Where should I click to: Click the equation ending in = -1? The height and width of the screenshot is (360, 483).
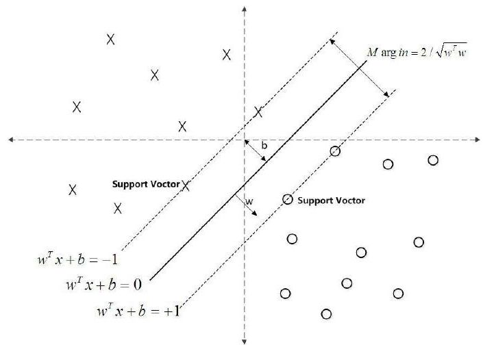click(x=77, y=259)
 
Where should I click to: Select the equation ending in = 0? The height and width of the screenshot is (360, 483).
click(x=104, y=284)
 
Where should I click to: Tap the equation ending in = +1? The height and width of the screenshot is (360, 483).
click(x=138, y=311)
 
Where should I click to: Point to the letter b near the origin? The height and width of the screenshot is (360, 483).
click(x=264, y=145)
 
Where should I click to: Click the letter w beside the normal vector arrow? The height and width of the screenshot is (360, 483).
click(x=249, y=201)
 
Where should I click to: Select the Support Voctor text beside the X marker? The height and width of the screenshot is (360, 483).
click(x=146, y=184)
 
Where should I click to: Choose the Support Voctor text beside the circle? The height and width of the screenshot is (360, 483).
click(x=331, y=201)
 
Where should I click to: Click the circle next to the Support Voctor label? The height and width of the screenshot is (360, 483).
click(x=287, y=199)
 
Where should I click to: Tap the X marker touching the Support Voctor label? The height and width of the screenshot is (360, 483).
click(x=186, y=185)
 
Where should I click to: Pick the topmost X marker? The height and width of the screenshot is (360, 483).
click(x=110, y=40)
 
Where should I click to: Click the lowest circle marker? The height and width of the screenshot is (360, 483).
click(x=326, y=314)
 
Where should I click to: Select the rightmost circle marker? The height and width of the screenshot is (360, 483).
click(x=433, y=160)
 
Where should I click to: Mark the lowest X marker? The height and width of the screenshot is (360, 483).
click(x=118, y=208)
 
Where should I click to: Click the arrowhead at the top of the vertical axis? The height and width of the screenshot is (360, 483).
click(x=245, y=9)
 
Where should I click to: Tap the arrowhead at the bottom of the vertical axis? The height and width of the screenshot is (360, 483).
click(x=245, y=342)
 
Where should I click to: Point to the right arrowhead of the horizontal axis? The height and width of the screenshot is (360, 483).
click(x=477, y=140)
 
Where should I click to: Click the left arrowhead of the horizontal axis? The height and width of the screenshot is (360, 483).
click(x=11, y=140)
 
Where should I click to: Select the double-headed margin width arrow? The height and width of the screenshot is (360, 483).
click(x=359, y=68)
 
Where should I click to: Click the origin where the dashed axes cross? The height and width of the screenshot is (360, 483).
click(x=245, y=140)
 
